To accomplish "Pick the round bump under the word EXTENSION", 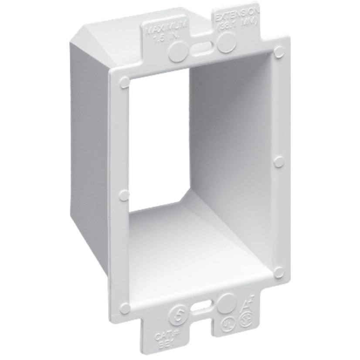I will point(227,43).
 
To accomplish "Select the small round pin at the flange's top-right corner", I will point(278,52).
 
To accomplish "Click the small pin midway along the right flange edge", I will point(278,162).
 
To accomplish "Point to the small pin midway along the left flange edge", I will point(124,195).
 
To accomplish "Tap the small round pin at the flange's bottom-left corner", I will point(125,309).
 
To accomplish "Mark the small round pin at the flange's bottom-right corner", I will point(278,272).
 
